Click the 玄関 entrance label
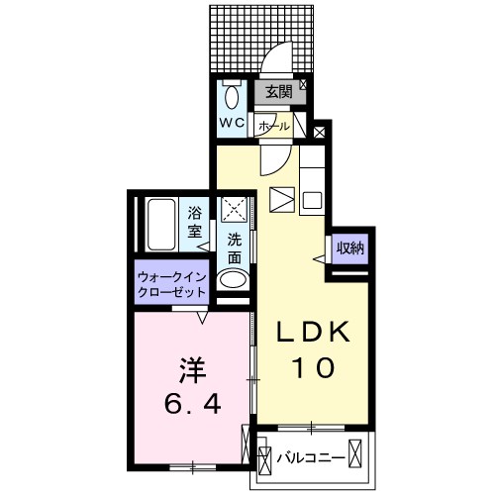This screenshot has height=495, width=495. click(x=279, y=92)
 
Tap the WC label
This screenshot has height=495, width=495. click(x=233, y=123)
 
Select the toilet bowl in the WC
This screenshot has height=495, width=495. click(x=233, y=96)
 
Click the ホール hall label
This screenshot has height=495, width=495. click(x=274, y=126)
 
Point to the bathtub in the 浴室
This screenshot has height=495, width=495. click(x=161, y=225)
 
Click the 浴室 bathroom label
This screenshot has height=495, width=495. click(x=195, y=222)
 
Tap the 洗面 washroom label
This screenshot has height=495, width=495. click(x=235, y=249)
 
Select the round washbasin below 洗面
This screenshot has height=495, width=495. click(x=233, y=280)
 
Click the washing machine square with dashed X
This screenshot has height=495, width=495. click(x=234, y=209)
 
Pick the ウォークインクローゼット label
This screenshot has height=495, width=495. click(x=172, y=284)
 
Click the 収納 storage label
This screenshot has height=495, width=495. click(x=350, y=248)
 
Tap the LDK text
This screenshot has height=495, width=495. click(x=313, y=331)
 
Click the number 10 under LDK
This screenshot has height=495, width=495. click(x=314, y=367)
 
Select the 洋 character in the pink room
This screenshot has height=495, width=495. click(x=193, y=371)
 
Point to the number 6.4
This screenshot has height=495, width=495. click(x=192, y=404)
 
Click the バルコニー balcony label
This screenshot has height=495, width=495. click(x=311, y=458)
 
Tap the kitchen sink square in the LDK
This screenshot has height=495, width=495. click(x=312, y=200)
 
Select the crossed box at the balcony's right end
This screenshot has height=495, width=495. click(x=355, y=453)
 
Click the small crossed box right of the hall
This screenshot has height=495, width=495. click(x=319, y=133)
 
